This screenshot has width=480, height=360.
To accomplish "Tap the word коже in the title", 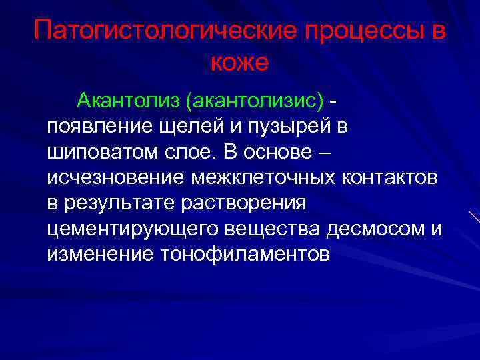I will tap(239, 63).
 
